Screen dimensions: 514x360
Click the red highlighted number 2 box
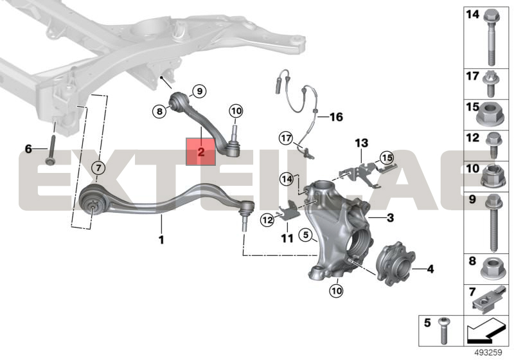tap(200, 152)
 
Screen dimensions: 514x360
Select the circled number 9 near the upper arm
tap(199, 91)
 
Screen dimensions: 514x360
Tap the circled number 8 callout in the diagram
tap(159, 111)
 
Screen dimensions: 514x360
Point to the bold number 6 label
tap(28, 149)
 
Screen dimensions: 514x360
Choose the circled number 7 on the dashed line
tap(98, 168)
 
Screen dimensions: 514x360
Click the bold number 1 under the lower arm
tap(161, 240)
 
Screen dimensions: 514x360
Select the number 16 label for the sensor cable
tap(336, 117)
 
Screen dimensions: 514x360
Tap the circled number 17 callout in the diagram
tap(286, 138)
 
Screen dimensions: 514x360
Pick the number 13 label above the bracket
tap(362, 143)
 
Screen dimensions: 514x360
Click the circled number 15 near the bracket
tap(387, 158)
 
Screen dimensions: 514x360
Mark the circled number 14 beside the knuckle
tap(287, 179)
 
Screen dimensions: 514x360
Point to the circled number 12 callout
tap(268, 220)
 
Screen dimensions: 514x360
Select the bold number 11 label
tap(287, 238)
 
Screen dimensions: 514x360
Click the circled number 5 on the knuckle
tap(306, 235)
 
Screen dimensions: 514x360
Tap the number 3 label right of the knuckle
tap(390, 218)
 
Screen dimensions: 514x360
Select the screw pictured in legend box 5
tap(444, 331)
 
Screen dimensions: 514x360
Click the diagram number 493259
tap(488, 353)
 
